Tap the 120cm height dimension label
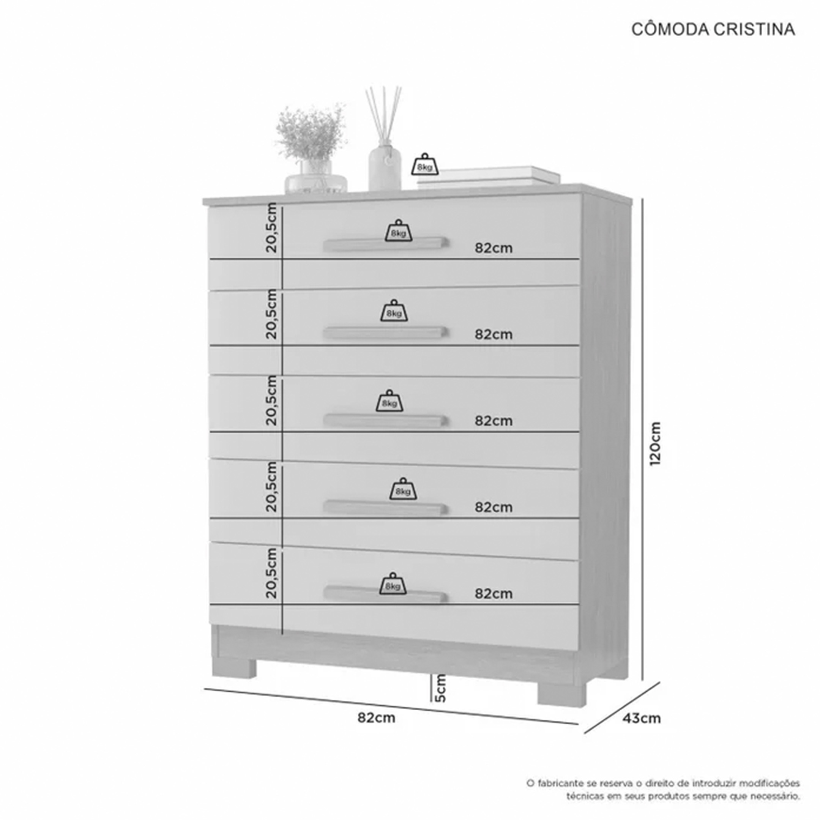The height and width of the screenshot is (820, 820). (655, 443)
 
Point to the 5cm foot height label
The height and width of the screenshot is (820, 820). (440, 688)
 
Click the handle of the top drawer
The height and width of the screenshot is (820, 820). (385, 244)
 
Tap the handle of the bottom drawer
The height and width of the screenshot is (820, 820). (385, 594)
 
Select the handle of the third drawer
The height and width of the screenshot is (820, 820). (385, 421)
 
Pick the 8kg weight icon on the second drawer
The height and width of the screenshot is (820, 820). (394, 311)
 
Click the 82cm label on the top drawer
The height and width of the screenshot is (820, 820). (494, 248)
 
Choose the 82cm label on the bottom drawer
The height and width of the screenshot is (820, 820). (494, 593)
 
